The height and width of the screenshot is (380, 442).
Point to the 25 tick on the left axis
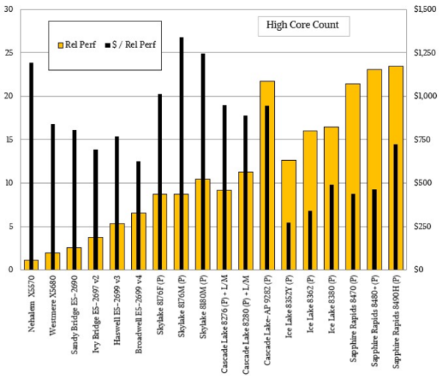click(x=8, y=53)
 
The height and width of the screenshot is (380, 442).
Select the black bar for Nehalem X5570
click(x=31, y=162)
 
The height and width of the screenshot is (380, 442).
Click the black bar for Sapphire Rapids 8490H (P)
click(x=396, y=207)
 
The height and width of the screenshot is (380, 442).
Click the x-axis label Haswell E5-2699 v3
click(x=117, y=314)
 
